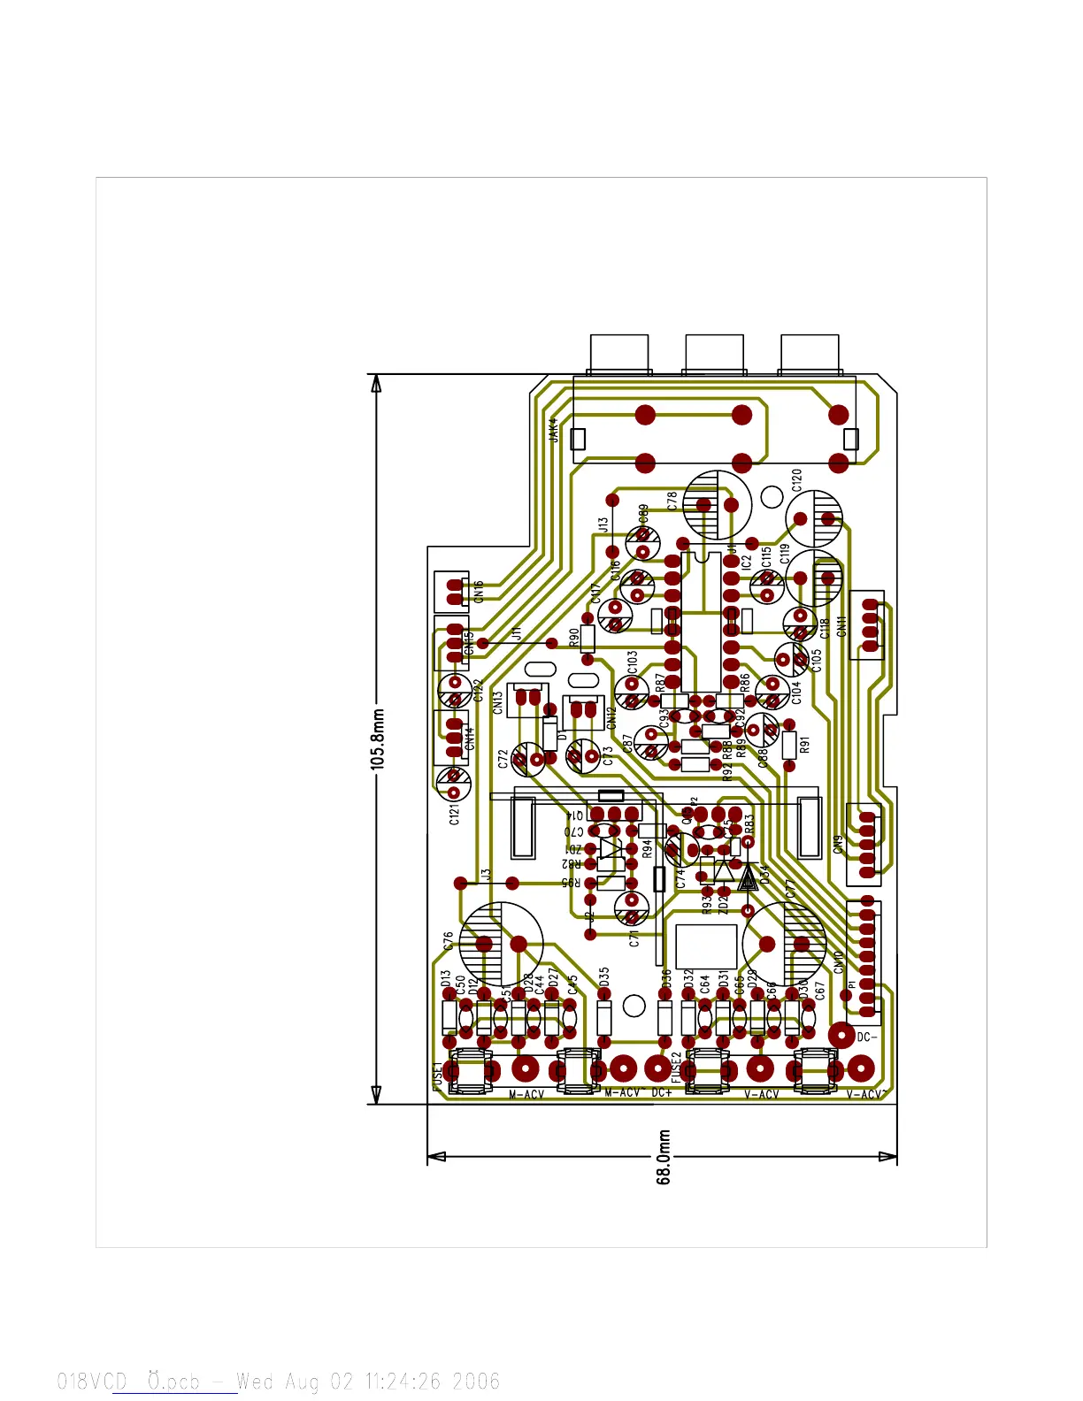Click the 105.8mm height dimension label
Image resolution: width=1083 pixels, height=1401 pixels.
coord(379,739)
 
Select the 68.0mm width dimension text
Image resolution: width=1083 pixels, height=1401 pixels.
coord(664,1157)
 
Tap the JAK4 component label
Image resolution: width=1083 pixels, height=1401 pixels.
coord(554,430)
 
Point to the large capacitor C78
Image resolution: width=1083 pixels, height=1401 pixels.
coord(718,504)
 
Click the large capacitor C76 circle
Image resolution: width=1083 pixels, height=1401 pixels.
coord(502,943)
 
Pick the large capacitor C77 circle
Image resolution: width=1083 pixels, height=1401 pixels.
coord(784,943)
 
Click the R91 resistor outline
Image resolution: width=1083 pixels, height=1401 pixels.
coord(790,745)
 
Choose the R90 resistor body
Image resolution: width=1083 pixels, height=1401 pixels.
coord(588,638)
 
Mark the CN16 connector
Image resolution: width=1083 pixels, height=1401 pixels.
coord(452,591)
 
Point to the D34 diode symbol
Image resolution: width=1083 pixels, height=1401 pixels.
coord(748,877)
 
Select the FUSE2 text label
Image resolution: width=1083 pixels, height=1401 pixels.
coord(677,1068)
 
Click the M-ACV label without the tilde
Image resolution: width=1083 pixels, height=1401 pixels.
coord(526,1095)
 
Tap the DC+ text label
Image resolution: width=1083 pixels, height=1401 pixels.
coord(662,1093)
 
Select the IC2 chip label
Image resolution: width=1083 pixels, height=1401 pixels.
coord(746,560)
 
